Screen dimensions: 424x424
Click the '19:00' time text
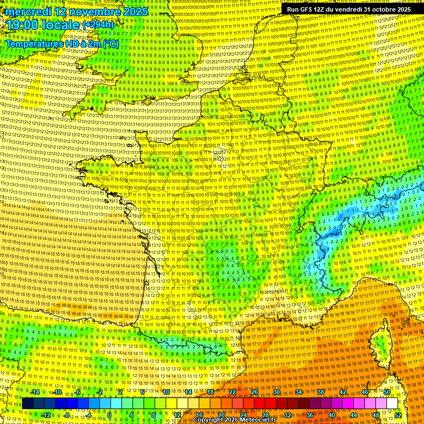24,26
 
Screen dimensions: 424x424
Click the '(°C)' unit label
109,43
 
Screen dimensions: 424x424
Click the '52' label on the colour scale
398,415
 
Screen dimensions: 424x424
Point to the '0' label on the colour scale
109,415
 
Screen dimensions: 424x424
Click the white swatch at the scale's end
392,404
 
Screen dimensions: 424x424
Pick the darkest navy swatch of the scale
28,404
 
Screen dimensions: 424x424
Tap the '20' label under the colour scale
221,415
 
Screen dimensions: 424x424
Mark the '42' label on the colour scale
342,392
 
